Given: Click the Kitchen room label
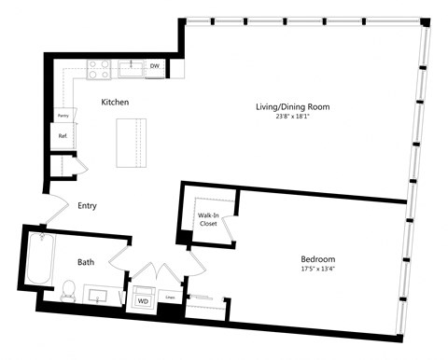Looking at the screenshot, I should click(x=114, y=102).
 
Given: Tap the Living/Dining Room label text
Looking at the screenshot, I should click(x=293, y=106).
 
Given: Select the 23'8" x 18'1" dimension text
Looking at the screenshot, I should click(x=293, y=117).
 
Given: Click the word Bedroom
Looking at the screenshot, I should click(x=317, y=258).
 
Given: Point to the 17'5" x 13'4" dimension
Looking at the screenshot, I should click(x=317, y=269).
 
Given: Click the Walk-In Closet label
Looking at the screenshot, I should click(x=208, y=220).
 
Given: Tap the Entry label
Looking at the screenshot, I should click(x=89, y=206).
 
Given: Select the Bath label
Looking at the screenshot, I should click(x=85, y=263).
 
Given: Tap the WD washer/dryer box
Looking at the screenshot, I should click(x=144, y=301).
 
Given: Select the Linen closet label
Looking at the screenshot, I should click(x=170, y=299).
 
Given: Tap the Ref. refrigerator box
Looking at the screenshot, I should click(x=63, y=135).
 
